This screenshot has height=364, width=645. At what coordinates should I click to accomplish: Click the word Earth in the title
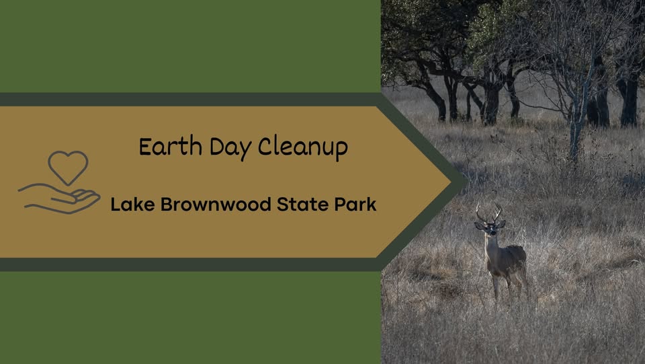click(x=170, y=147)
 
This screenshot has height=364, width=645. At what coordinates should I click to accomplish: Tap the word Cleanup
click(x=303, y=148)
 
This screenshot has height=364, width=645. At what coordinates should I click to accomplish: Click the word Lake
click(x=132, y=205)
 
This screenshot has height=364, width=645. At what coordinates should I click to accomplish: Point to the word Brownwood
click(x=216, y=205)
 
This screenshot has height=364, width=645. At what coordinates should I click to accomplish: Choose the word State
click(x=302, y=205)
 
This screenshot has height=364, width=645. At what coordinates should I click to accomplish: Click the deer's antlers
click(x=488, y=213)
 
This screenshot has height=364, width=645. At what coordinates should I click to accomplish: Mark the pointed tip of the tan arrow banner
click(x=451, y=182)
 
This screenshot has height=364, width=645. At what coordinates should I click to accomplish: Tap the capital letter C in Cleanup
click(x=265, y=147)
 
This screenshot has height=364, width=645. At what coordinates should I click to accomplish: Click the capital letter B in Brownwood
click(x=166, y=205)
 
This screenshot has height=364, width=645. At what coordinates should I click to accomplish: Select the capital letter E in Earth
click(x=145, y=147)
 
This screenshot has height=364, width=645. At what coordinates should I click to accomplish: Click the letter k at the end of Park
click(x=372, y=205)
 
